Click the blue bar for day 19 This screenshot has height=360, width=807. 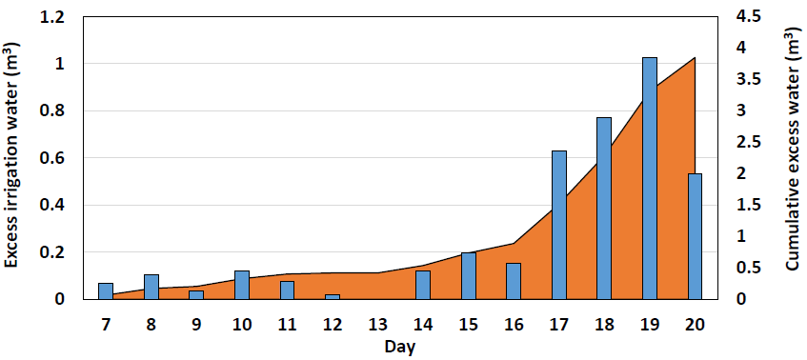[x=650, y=178]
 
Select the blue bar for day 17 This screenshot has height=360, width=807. [x=559, y=225]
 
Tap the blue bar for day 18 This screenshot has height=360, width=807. [x=604, y=209]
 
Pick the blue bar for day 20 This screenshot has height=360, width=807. [x=695, y=236]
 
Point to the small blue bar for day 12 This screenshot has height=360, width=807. [x=333, y=297]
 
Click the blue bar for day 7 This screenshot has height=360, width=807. [x=106, y=291]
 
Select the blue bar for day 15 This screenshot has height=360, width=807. [x=469, y=276]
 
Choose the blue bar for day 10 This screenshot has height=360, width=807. [x=242, y=285]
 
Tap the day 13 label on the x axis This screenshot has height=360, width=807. [x=378, y=325]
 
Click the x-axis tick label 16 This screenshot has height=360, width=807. [x=514, y=325]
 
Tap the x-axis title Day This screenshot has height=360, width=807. [x=400, y=346]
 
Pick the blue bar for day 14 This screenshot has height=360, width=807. [x=423, y=285]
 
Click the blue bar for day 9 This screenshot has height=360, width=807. [x=196, y=294]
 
